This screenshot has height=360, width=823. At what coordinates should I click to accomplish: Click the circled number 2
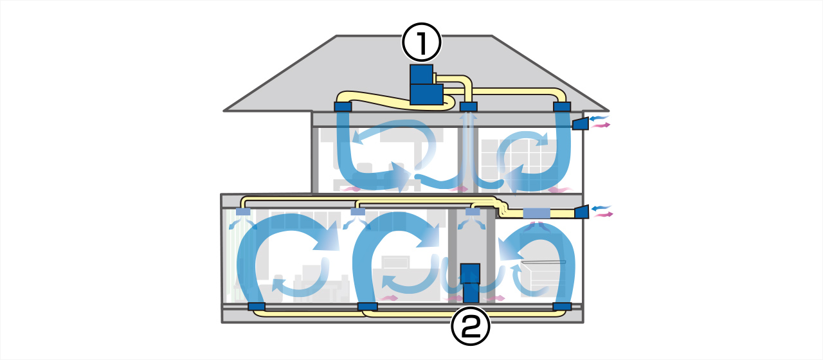471,327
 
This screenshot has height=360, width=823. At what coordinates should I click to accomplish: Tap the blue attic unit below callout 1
426,85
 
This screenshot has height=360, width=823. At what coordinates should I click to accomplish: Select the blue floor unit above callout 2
471,283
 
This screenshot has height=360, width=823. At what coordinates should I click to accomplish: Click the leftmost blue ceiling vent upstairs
343,106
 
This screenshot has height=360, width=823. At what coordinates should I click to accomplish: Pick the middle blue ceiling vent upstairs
469,106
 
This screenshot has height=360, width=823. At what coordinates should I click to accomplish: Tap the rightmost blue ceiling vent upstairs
562,106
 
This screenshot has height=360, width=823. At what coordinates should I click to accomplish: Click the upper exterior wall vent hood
581,123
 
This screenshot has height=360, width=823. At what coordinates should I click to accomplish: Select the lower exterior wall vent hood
581,212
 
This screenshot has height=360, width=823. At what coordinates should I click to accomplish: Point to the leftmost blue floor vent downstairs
257,307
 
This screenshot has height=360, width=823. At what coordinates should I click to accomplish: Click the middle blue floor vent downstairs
367,307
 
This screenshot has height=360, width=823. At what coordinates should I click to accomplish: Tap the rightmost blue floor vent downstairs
562,307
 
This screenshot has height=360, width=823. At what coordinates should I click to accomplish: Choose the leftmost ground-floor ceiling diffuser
243,212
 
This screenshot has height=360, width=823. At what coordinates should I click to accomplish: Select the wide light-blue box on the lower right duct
536,213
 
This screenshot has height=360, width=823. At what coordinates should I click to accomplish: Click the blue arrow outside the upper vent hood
599,118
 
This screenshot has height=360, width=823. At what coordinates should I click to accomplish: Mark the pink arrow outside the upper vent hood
602,125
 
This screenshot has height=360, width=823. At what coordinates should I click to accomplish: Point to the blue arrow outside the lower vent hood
601,208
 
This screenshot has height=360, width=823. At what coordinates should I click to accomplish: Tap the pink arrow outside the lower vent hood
603,215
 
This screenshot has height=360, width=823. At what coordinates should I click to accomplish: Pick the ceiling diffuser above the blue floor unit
473,212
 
